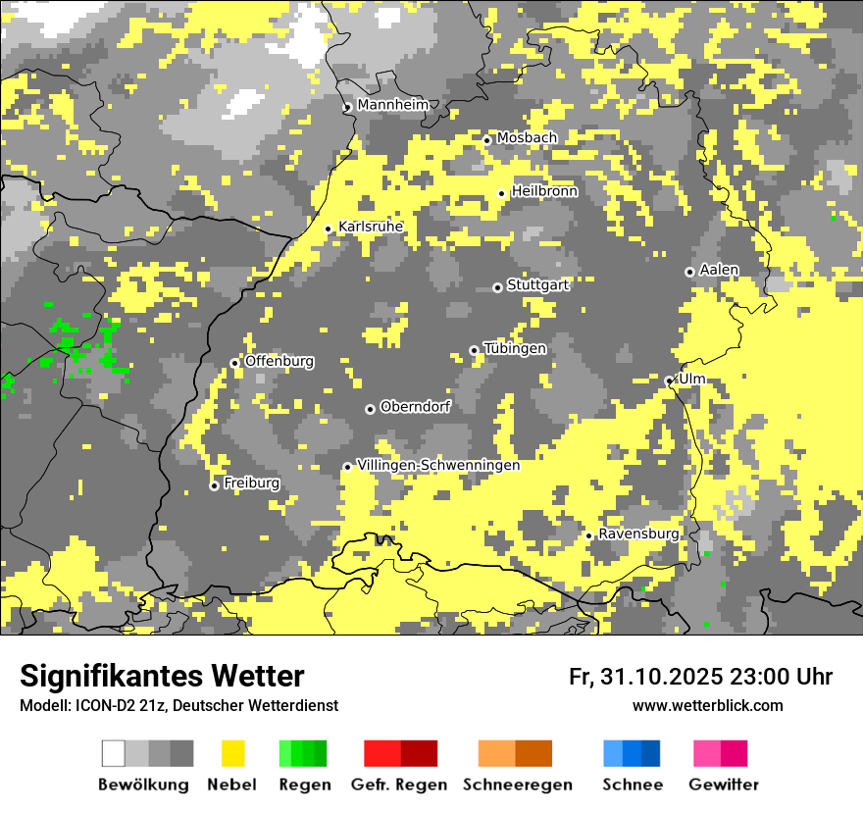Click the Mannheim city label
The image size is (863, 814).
(x=392, y=105)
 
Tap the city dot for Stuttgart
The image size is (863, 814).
(x=497, y=287)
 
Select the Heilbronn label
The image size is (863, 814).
(x=544, y=191)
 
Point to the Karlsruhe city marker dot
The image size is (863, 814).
(x=329, y=229)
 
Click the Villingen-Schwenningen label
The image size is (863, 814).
(x=438, y=465)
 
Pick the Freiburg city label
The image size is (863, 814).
(x=251, y=483)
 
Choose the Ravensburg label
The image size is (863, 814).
(x=638, y=534)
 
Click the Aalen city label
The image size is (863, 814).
(x=719, y=270)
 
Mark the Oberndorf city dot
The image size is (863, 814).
(x=370, y=409)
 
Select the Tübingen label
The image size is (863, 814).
(x=515, y=348)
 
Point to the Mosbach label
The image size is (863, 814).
(x=527, y=138)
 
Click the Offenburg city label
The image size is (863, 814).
(x=279, y=361)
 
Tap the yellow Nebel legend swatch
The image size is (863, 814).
(x=233, y=753)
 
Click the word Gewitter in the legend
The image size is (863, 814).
(x=724, y=785)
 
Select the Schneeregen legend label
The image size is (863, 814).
(x=518, y=785)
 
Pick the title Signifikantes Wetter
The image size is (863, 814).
(x=162, y=677)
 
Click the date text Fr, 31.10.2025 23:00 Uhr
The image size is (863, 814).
(x=700, y=677)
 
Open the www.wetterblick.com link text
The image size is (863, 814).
(x=708, y=706)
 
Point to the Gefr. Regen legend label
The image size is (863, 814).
(x=399, y=785)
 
